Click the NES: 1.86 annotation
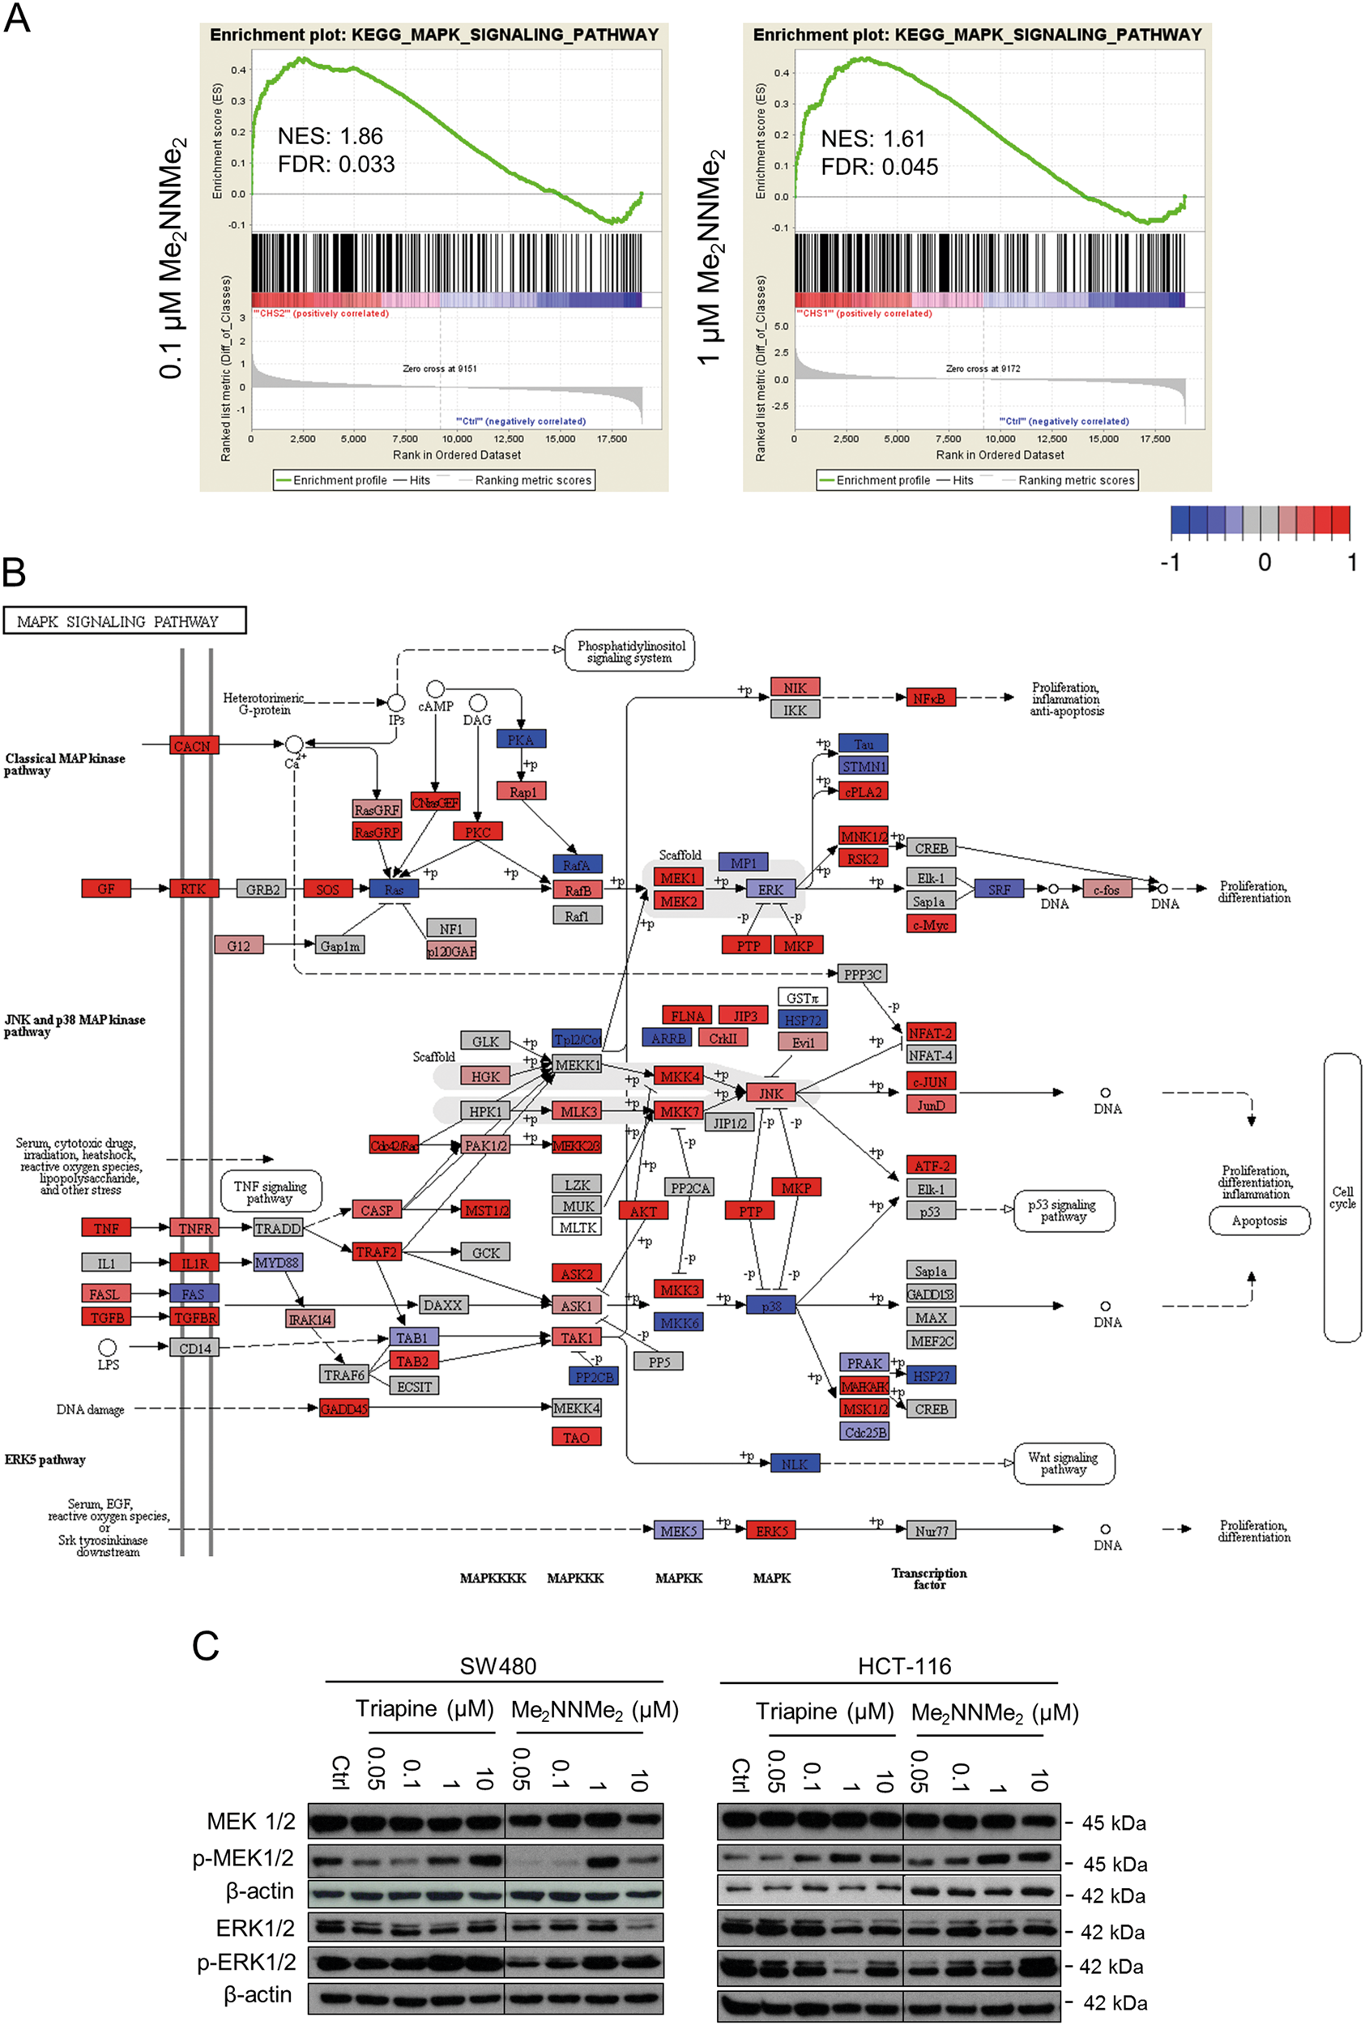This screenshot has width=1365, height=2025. tap(330, 136)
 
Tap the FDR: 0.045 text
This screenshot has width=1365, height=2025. tap(879, 167)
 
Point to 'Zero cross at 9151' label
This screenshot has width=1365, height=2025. tap(440, 368)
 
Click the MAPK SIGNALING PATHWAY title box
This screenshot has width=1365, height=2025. tap(125, 621)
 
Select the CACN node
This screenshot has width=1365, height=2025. tap(192, 746)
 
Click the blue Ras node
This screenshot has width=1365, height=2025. tap(394, 889)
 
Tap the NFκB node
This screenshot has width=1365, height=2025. tap(930, 698)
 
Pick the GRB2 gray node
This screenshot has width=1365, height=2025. tap(262, 889)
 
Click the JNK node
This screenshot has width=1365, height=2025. tap(770, 1093)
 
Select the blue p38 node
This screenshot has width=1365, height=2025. tap(770, 1306)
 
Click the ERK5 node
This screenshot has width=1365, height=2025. tap(770, 1531)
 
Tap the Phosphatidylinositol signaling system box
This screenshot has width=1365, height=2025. tap(630, 652)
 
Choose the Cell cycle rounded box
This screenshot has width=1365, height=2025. tap(1342, 1197)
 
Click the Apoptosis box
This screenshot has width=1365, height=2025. tap(1259, 1221)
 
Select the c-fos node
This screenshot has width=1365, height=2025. tap(1107, 889)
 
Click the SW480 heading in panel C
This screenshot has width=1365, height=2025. tap(498, 1665)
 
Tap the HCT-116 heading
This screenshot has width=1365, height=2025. tap(905, 1665)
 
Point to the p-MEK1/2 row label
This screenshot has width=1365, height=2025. tap(244, 1858)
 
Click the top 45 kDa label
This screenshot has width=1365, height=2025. tap(1113, 1823)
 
